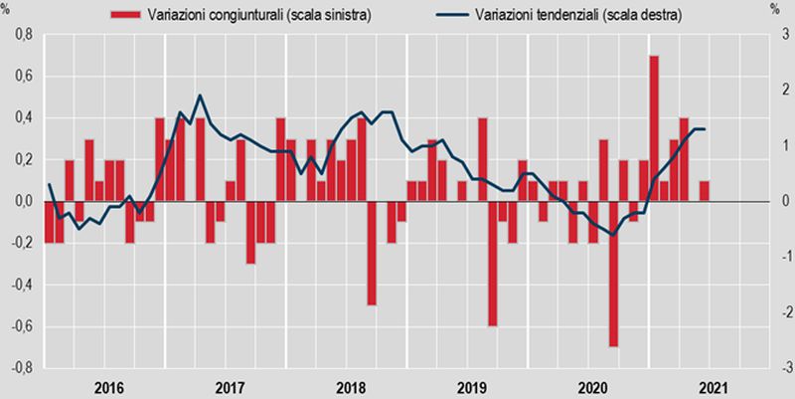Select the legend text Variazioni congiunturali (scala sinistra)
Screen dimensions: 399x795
coord(259,15)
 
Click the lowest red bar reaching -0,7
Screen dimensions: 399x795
coord(613,274)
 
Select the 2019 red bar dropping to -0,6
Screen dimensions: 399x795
coord(492,264)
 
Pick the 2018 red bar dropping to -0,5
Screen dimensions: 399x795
coord(372,253)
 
